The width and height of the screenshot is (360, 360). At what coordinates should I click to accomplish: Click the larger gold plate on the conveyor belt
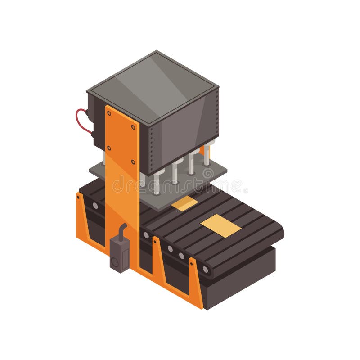point(220,225)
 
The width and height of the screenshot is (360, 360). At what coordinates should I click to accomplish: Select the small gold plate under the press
point(184,203)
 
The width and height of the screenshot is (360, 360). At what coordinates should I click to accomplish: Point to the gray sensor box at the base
point(120,254)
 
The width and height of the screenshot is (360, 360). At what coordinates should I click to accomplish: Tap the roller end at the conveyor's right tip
point(205,270)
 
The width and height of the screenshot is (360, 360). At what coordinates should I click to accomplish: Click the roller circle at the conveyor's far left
point(95,206)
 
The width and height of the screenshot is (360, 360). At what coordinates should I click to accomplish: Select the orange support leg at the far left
point(81,216)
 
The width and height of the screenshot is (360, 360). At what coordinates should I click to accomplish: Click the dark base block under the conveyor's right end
point(243,279)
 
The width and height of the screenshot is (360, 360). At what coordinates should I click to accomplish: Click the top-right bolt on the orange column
point(133,127)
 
